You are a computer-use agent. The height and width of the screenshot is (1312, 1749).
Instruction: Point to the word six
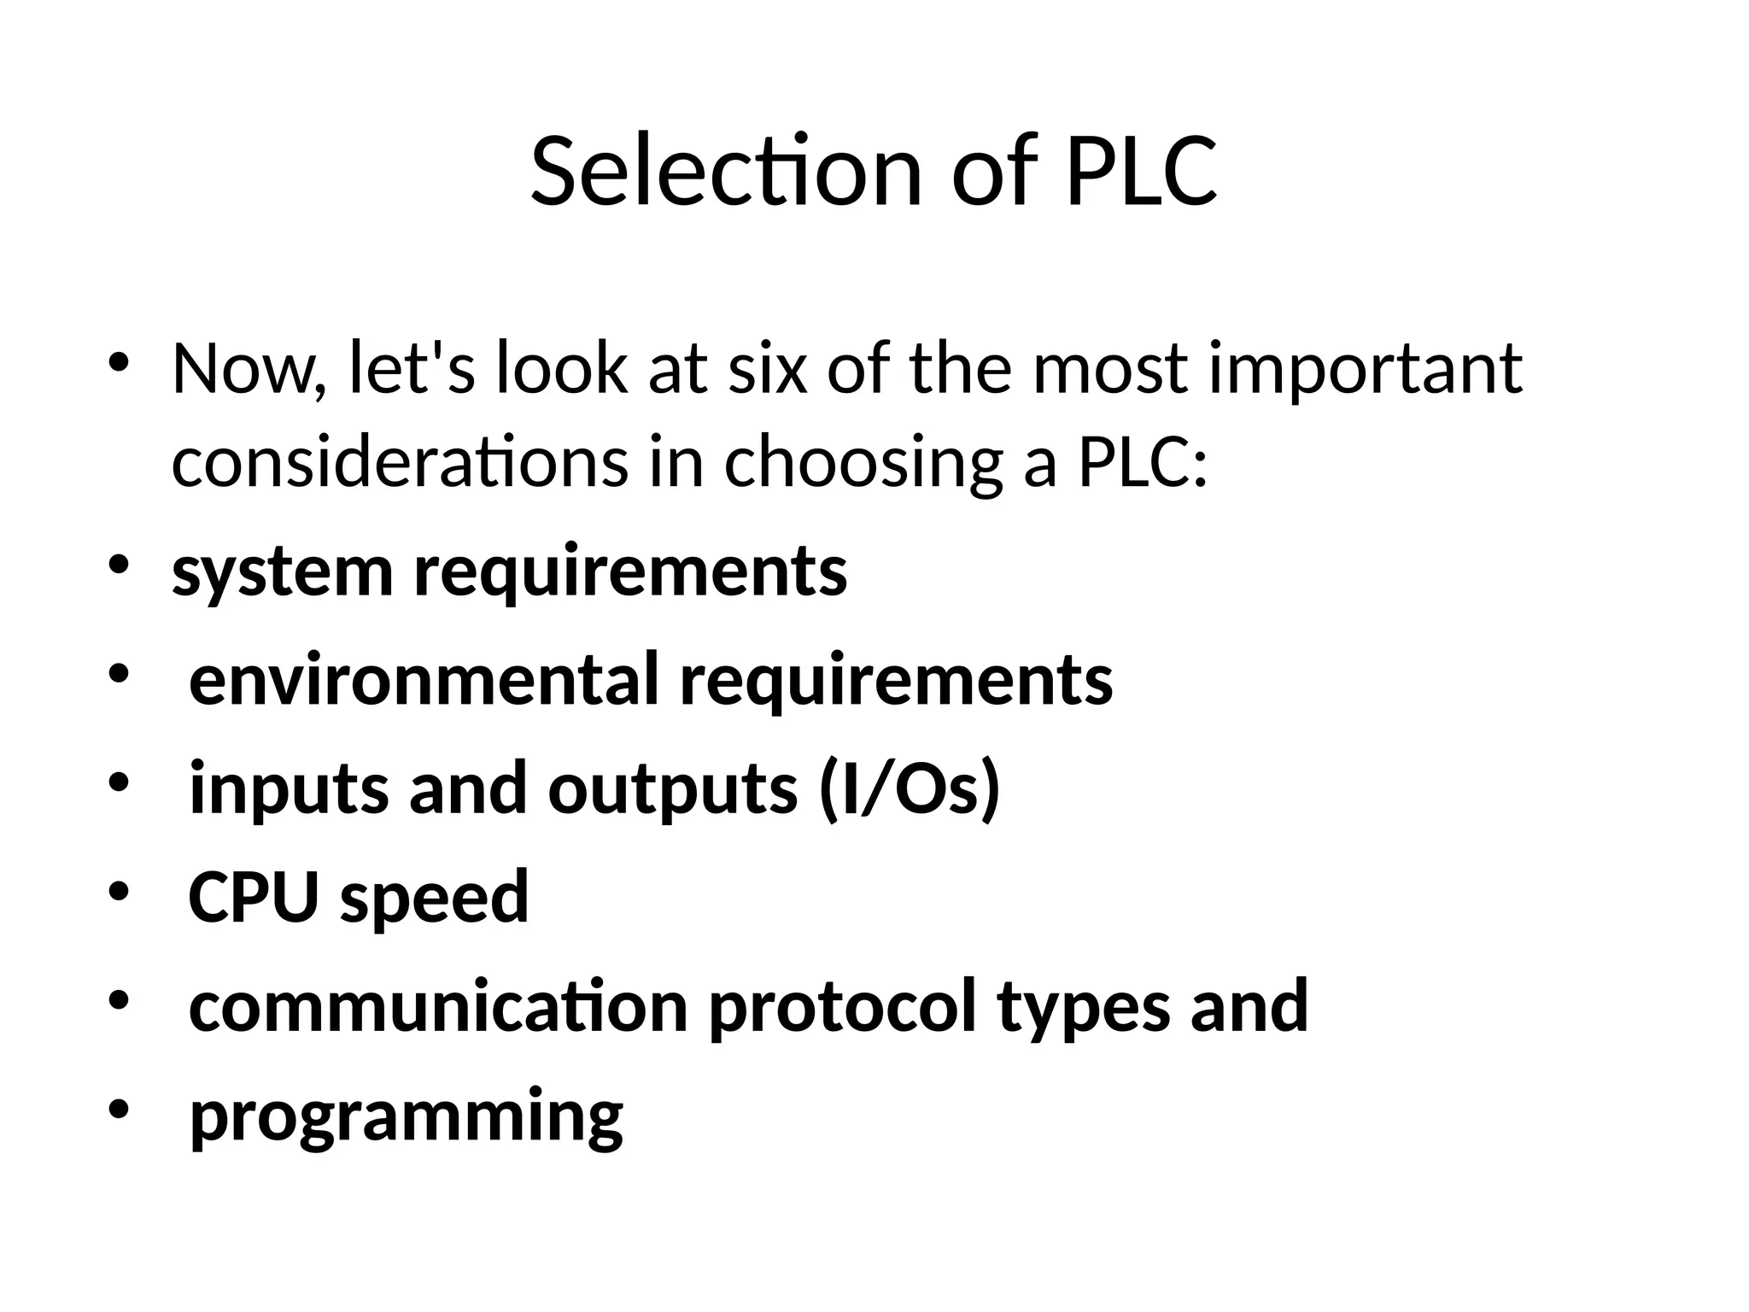(767, 370)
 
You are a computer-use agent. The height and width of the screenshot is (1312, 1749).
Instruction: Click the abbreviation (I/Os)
(909, 788)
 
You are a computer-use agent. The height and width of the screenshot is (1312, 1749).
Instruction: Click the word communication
(438, 1006)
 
